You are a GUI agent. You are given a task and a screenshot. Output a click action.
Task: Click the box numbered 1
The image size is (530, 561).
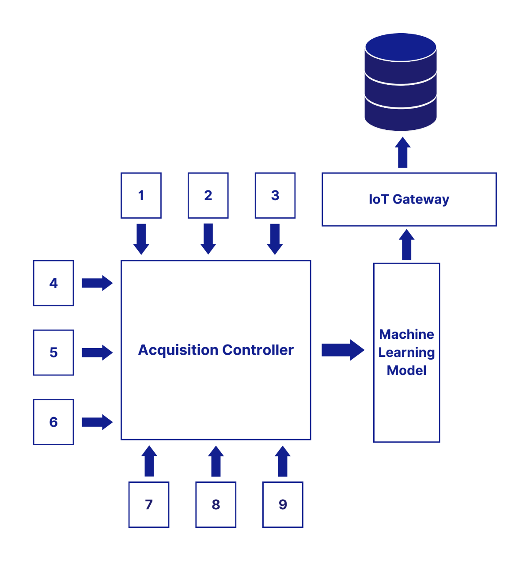(141, 196)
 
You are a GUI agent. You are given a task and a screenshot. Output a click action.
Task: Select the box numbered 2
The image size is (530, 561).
(208, 196)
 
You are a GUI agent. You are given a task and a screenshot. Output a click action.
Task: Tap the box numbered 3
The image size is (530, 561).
(275, 196)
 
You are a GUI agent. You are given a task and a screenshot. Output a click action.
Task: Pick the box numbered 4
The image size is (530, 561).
(54, 283)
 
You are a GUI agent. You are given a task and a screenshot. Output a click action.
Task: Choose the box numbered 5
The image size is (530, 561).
(54, 353)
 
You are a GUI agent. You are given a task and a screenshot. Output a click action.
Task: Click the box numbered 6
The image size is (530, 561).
(54, 422)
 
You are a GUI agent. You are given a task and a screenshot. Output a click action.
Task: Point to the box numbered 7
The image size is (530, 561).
(149, 504)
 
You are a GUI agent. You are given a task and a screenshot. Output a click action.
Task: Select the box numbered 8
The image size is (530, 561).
(216, 504)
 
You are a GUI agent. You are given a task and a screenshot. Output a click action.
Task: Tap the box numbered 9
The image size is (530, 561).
(283, 504)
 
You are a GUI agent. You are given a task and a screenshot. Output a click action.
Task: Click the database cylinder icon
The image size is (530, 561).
(401, 82)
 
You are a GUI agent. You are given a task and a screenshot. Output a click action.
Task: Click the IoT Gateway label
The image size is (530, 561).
(409, 199)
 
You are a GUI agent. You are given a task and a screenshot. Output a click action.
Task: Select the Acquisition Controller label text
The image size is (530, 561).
(216, 350)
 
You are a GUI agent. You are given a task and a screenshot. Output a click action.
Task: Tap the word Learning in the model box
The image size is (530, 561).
(406, 353)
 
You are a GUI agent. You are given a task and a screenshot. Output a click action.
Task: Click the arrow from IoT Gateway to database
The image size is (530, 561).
(403, 152)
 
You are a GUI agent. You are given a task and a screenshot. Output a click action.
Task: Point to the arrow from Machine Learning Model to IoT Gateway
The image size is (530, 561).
(406, 245)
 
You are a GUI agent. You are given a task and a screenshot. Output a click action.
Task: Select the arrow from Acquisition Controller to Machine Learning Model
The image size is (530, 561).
(343, 350)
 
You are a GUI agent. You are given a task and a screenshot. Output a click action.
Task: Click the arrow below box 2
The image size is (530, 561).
(208, 239)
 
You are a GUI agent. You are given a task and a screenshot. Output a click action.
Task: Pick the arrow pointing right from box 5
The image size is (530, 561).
(97, 353)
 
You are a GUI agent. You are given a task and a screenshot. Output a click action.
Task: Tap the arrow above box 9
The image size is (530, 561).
(283, 461)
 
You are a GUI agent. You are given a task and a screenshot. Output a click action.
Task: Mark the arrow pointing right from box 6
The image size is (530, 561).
(97, 422)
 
